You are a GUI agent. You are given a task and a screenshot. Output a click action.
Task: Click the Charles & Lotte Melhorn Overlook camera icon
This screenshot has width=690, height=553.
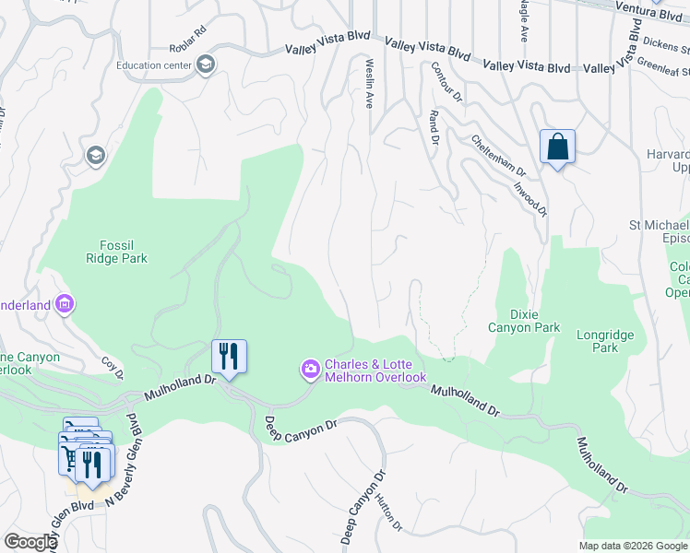pos(311,371)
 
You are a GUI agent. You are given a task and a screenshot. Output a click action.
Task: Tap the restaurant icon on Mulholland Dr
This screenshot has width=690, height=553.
pos(230,356)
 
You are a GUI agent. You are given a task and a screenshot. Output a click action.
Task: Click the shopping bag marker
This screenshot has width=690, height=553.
pos(557,147)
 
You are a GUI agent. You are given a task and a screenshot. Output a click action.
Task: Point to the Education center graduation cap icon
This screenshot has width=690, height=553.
pos(205,65)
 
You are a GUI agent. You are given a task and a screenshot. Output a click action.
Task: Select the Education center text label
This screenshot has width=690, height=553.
pos(154,65)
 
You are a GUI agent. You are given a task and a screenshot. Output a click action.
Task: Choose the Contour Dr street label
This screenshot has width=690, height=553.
pos(446,82)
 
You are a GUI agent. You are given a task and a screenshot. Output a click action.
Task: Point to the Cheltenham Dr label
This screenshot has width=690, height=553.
pos(498,157)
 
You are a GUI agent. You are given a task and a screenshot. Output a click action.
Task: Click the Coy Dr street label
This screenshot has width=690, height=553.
pos(113,368)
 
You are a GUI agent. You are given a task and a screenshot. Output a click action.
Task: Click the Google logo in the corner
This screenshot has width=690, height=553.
pos(30,542)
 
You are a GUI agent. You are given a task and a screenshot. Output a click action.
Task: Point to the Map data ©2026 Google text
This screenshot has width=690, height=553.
pos(633,546)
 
